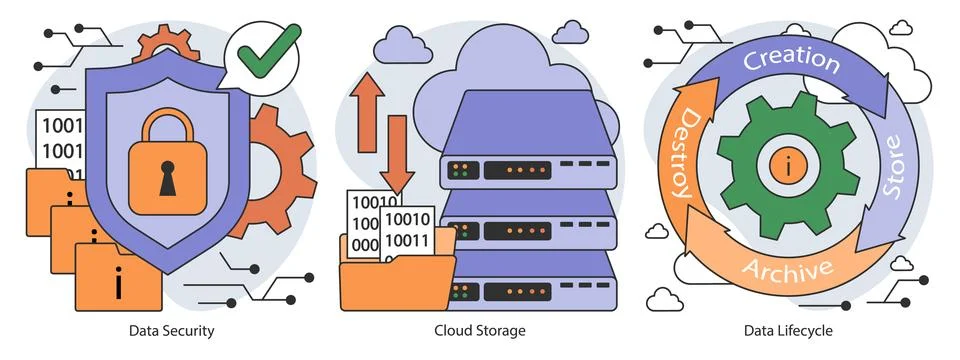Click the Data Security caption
171,329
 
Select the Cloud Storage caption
479,329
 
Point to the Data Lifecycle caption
787,329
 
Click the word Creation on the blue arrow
790,59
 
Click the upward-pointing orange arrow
367,99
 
